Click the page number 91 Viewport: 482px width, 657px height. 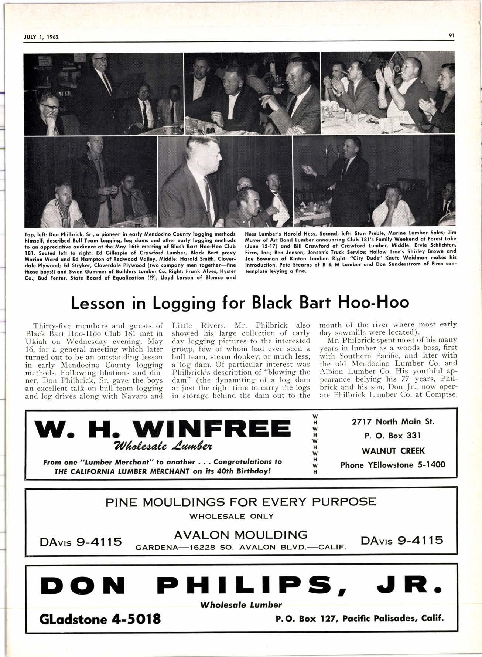(x=451, y=35)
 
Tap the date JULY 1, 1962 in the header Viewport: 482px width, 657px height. (x=42, y=37)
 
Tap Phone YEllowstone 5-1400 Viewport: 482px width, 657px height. (x=393, y=465)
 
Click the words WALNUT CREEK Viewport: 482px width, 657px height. (x=393, y=451)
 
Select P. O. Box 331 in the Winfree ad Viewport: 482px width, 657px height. (x=393, y=436)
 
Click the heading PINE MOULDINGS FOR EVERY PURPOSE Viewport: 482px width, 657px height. (x=241, y=502)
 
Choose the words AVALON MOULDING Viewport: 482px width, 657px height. (x=240, y=535)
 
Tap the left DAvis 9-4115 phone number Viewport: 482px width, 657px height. (x=81, y=542)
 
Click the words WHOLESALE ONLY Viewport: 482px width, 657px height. (x=232, y=516)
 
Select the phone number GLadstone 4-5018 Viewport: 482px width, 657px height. (x=100, y=618)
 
